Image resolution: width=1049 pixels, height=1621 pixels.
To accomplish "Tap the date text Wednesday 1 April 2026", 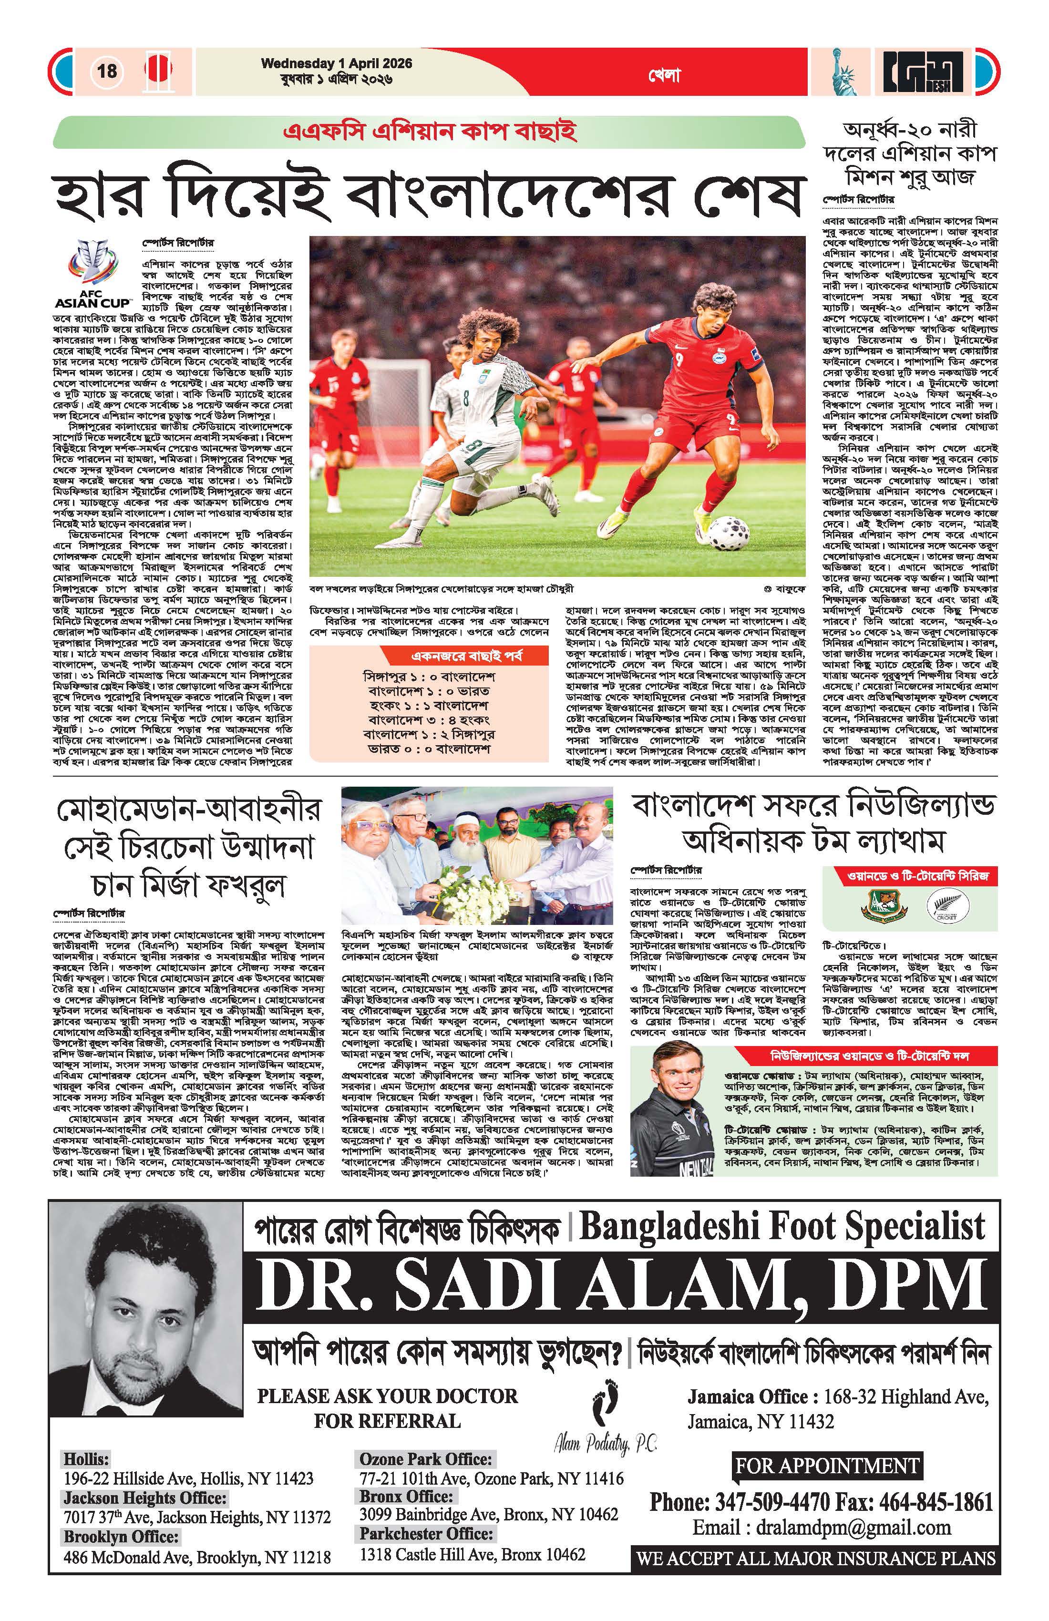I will pos(337,63).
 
